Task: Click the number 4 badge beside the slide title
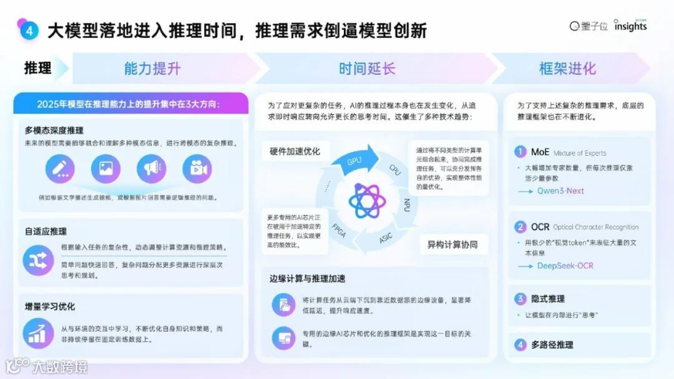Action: click(x=29, y=31)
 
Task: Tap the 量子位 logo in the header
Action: click(x=589, y=26)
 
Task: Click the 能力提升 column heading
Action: click(x=152, y=68)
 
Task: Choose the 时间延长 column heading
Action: click(x=367, y=68)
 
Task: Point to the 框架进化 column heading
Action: click(x=567, y=68)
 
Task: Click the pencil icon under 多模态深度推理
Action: click(x=60, y=168)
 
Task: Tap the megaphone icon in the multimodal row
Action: click(x=152, y=168)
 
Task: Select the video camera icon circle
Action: click(x=197, y=168)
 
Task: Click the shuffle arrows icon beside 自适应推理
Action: click(x=38, y=261)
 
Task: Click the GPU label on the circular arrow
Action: click(x=354, y=160)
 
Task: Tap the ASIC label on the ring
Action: click(x=387, y=238)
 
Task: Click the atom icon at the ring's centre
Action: click(x=367, y=200)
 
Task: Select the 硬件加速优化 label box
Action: click(x=295, y=151)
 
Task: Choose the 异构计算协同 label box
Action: click(x=453, y=243)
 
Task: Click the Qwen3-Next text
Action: click(x=560, y=191)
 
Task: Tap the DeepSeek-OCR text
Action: click(x=565, y=266)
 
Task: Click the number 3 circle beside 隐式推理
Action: click(x=520, y=299)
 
